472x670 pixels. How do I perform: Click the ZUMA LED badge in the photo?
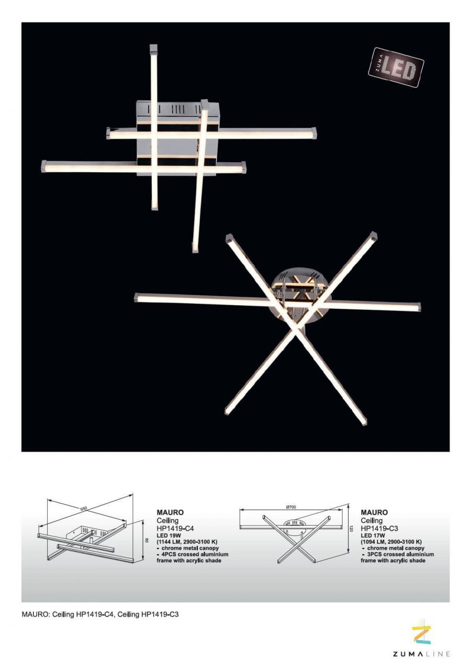coord(396,68)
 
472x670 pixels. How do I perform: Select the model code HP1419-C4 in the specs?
coord(175,528)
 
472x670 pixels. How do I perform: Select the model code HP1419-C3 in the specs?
coord(379,528)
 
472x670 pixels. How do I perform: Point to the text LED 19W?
coord(169,535)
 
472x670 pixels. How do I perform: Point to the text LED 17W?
coord(373,535)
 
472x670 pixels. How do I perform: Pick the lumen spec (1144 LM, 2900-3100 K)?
coord(187,541)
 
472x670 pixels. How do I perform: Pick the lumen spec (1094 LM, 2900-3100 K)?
coord(391,541)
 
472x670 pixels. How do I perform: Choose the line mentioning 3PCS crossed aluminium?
coord(397,554)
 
